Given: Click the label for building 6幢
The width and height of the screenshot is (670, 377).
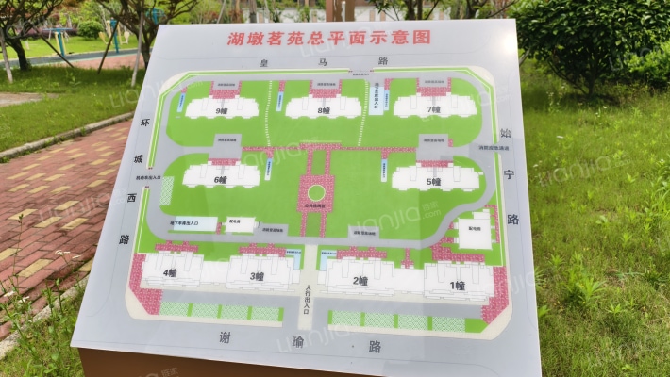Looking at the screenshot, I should click(221, 179).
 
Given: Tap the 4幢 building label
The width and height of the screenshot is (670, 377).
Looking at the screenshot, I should click(170, 273).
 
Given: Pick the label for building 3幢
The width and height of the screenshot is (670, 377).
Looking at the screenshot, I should click(257, 276).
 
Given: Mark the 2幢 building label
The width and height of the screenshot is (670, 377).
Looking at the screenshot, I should click(360, 280).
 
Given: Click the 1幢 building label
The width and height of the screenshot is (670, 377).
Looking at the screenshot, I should click(458, 285).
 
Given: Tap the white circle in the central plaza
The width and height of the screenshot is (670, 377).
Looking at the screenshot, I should click(316, 193).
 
